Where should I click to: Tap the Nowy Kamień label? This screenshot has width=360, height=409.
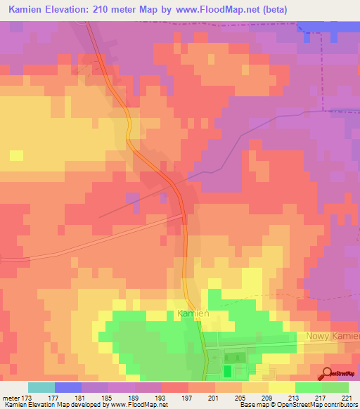pyautogui.click(x=332, y=336)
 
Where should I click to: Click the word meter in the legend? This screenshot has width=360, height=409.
pyautogui.click(x=11, y=398)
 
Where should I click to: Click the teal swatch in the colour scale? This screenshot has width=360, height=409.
pyautogui.click(x=41, y=387)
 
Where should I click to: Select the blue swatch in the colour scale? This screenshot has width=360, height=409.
pyautogui.click(x=68, y=387)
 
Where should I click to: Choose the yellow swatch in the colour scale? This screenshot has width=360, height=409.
pyautogui.click(x=281, y=387)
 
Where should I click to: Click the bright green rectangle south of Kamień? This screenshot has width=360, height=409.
pyautogui.click(x=227, y=370)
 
